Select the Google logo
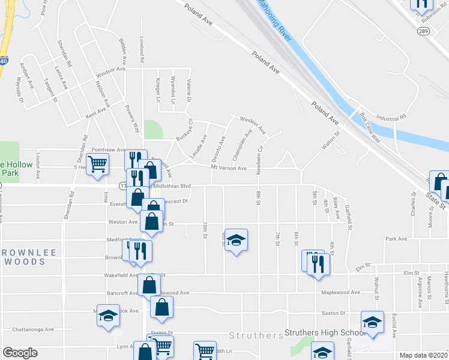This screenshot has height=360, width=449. point(20,353)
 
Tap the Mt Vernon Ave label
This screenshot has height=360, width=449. point(229,169)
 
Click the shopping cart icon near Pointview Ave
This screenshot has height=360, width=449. point(97,164)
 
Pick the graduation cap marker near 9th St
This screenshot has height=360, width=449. point(237,241)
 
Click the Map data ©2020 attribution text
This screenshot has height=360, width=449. point(423,355)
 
